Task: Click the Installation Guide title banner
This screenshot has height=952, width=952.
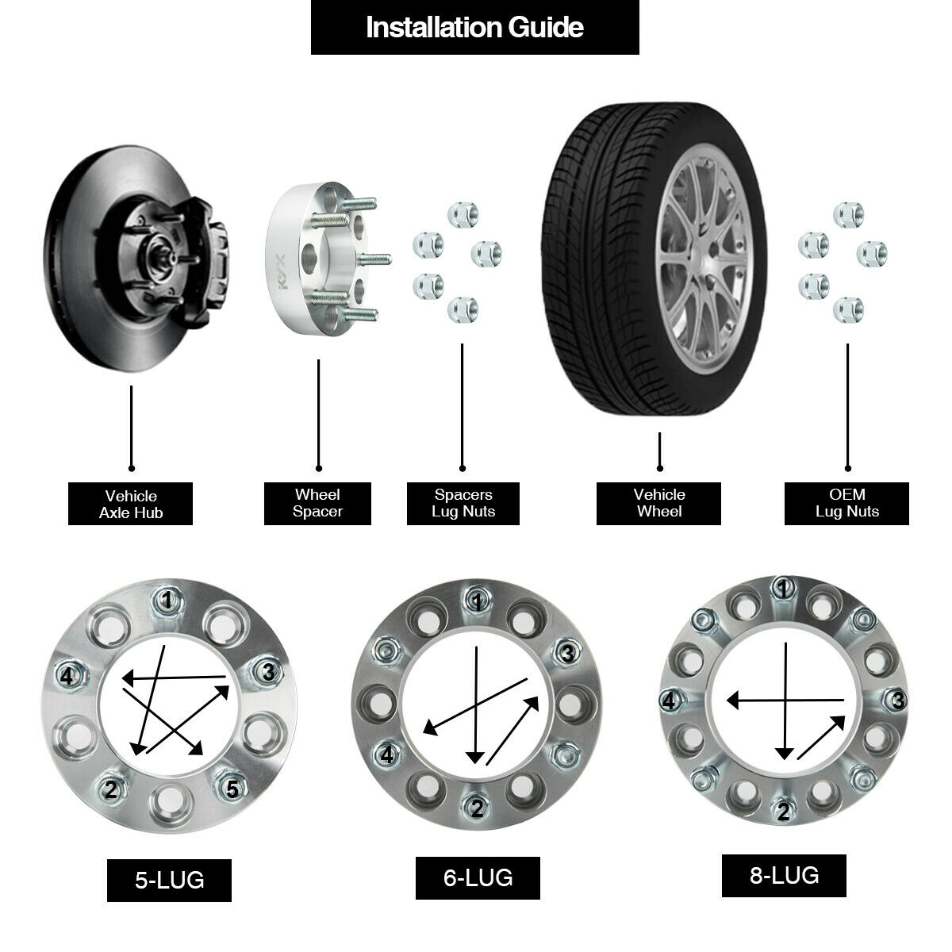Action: tap(474, 28)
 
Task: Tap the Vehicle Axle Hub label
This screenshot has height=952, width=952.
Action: tap(131, 504)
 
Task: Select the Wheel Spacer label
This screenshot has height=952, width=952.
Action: tap(317, 503)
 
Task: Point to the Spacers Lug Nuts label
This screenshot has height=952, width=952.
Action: tap(463, 503)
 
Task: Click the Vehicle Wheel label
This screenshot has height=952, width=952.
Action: tap(658, 503)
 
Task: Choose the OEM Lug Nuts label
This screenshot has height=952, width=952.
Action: tap(846, 503)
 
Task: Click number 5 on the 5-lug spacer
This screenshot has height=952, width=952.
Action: tap(232, 789)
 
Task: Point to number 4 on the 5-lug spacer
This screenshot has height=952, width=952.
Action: tap(67, 677)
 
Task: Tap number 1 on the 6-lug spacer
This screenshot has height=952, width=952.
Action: tap(477, 602)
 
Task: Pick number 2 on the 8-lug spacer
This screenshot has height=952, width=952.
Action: tap(784, 812)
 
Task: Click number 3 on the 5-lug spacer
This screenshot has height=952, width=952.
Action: tap(268, 673)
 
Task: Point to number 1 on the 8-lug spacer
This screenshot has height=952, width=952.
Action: tap(784, 588)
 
